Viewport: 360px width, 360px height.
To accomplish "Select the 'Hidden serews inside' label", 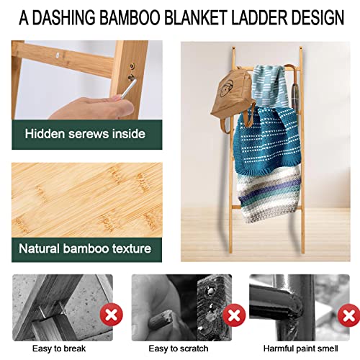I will pyautogui.click(x=84, y=133).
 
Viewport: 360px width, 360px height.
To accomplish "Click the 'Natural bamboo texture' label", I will pyautogui.click(x=84, y=249).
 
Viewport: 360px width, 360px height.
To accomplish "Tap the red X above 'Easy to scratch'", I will pyautogui.click(x=232, y=314).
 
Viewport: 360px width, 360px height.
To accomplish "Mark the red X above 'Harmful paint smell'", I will pyautogui.click(x=351, y=314).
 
